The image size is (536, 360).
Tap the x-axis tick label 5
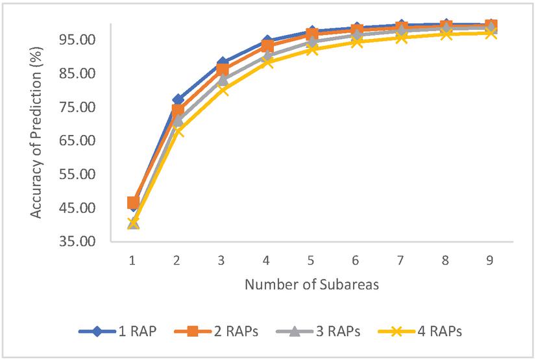pos(311,260)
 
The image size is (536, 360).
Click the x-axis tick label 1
pos(132,260)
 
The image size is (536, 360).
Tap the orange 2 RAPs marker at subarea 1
pos(133,203)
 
